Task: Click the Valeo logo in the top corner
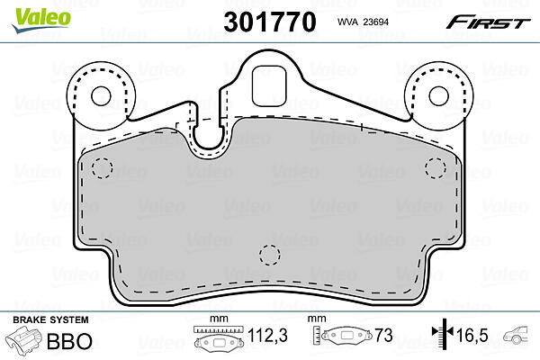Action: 41,20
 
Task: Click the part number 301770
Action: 270,22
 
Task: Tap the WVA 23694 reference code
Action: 363,22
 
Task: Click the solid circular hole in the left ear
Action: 101,96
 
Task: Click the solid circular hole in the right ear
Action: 439,95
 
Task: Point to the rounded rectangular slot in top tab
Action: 269,86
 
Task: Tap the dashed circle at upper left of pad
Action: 103,168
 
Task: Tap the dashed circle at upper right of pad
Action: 436,168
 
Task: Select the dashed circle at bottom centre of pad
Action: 270,255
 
